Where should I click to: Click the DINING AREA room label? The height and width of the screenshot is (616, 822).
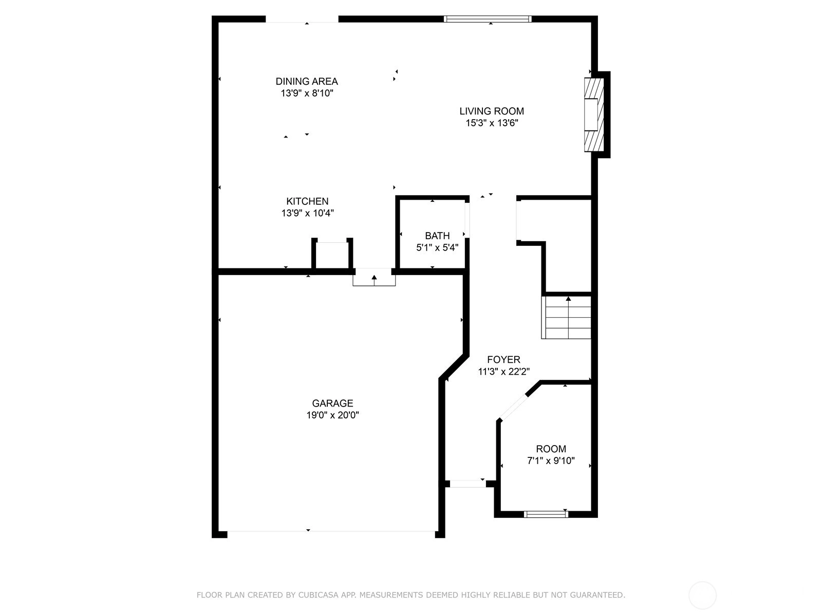point(307,81)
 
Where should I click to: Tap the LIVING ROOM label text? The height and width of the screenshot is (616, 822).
point(492,111)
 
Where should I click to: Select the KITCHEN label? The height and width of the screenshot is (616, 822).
point(307,201)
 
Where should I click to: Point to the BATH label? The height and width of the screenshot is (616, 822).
point(437,236)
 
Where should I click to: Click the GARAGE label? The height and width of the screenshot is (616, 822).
point(332,403)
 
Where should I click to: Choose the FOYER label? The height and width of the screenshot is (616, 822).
point(503,359)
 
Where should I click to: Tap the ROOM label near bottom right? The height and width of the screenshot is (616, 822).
point(551,449)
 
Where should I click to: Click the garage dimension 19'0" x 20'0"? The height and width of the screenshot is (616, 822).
point(332,415)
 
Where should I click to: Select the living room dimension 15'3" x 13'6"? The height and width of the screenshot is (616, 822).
point(492,123)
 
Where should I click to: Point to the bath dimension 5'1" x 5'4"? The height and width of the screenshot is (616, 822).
point(437,247)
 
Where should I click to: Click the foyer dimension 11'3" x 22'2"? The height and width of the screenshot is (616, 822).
point(503,371)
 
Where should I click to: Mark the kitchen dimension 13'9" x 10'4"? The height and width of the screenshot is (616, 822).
point(307,213)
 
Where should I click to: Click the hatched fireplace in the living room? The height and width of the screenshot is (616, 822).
point(594,114)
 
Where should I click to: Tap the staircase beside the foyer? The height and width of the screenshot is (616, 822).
point(566,318)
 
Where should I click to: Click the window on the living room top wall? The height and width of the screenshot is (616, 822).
point(488,19)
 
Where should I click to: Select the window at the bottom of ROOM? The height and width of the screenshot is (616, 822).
point(546,514)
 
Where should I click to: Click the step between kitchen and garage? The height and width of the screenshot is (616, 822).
point(374,277)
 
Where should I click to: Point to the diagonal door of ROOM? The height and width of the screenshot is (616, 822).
point(513,407)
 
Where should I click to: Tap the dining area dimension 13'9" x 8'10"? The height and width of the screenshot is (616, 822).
point(307,93)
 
